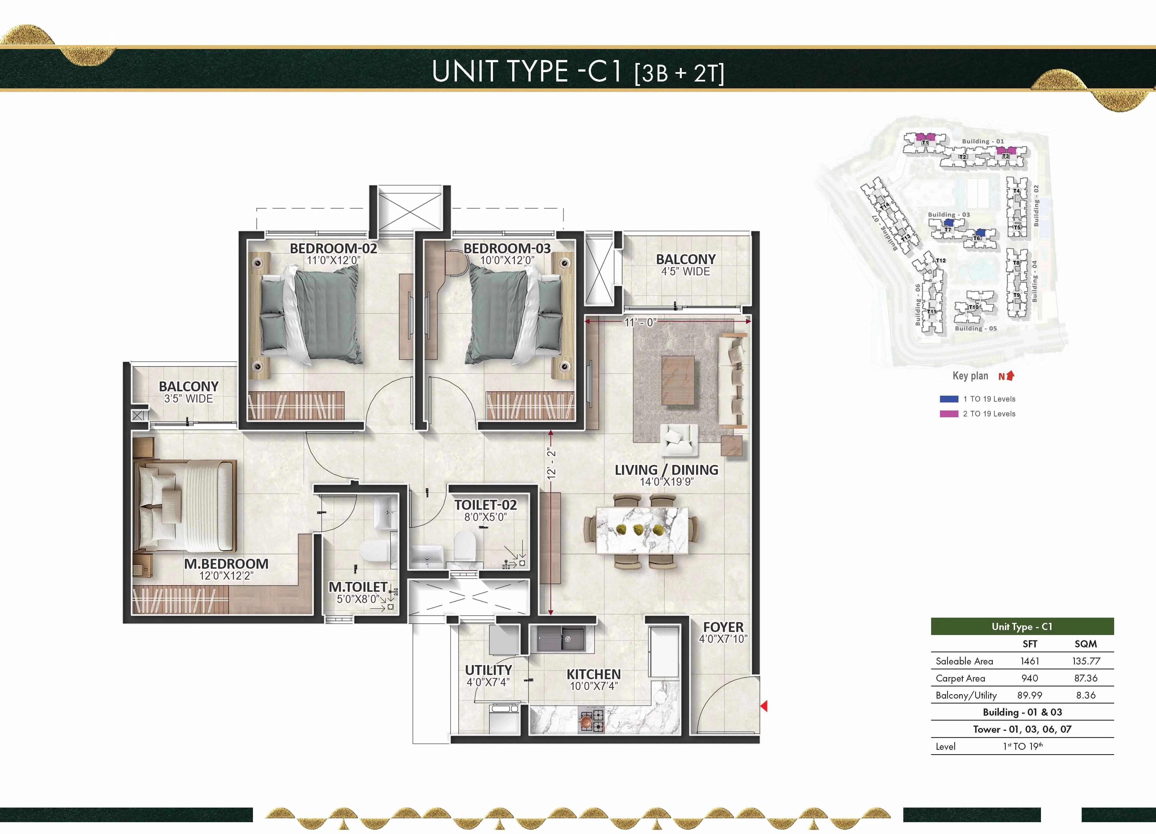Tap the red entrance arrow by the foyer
(764, 706)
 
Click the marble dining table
(642, 530)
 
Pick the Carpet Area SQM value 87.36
(1085, 678)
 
